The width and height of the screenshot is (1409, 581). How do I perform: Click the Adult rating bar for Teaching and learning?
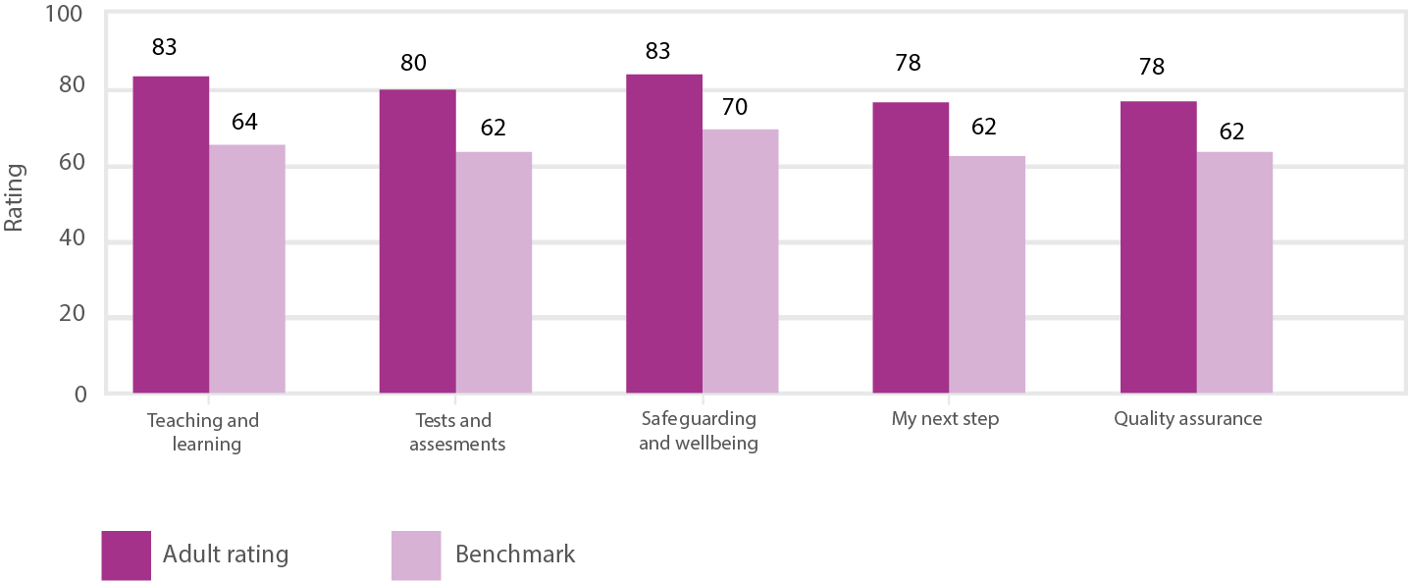click(x=171, y=236)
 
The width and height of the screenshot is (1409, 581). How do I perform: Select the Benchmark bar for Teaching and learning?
click(x=247, y=269)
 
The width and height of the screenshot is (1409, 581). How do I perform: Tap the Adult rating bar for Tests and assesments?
click(x=417, y=241)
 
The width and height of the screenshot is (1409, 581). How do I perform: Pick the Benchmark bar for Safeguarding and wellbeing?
click(x=741, y=261)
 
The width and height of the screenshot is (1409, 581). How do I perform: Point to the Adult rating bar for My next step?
click(x=911, y=247)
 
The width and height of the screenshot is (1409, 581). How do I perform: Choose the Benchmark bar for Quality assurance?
click(x=1234, y=273)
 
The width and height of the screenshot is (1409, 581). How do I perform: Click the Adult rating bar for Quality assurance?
click(x=1158, y=247)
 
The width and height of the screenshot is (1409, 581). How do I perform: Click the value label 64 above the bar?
click(x=244, y=123)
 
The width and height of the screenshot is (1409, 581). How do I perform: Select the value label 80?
click(x=413, y=63)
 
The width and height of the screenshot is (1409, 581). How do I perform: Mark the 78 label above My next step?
click(x=908, y=63)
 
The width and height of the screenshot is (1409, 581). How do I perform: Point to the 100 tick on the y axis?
click(x=62, y=16)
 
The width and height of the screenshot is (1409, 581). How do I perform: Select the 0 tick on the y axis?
click(x=80, y=394)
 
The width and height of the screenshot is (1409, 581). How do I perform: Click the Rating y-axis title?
click(x=14, y=197)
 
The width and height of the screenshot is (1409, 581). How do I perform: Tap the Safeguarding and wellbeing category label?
click(x=699, y=431)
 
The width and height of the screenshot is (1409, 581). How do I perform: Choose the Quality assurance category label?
click(x=1187, y=419)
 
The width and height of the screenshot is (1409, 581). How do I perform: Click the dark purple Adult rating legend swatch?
click(x=126, y=555)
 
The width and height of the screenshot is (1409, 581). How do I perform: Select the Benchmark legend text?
click(x=515, y=555)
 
